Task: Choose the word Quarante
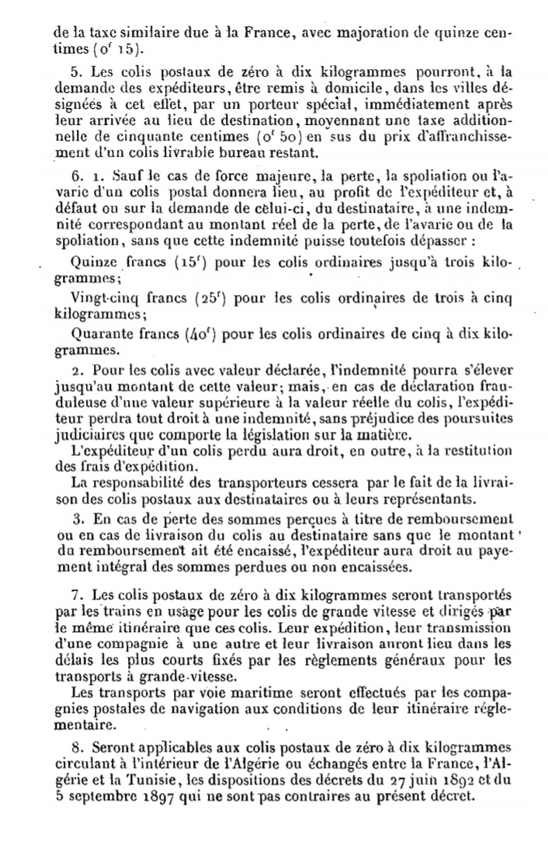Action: point(100,336)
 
